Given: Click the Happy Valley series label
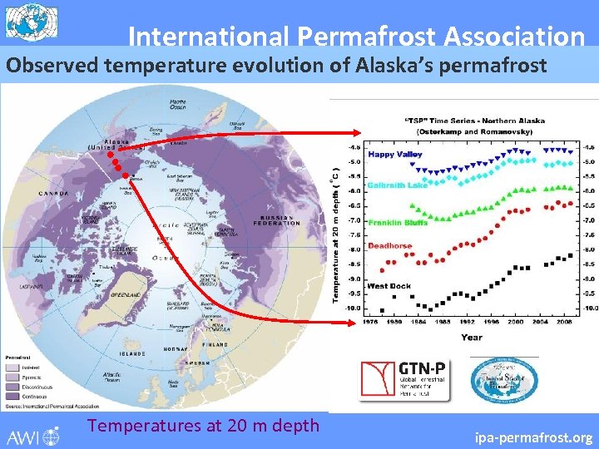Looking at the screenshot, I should coord(395,154).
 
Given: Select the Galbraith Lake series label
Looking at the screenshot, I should coord(397,185).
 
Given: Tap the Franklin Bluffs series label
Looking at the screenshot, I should coord(397,222).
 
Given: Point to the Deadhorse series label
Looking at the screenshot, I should coord(390,246).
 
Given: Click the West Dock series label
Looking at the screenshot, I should coord(389,286).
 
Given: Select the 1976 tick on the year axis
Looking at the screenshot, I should coord(372,323).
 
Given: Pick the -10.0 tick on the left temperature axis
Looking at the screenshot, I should coord(354,308).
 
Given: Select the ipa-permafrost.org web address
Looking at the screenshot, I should coord(533,437).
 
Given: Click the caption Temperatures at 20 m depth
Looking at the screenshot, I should coord(203,426).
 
